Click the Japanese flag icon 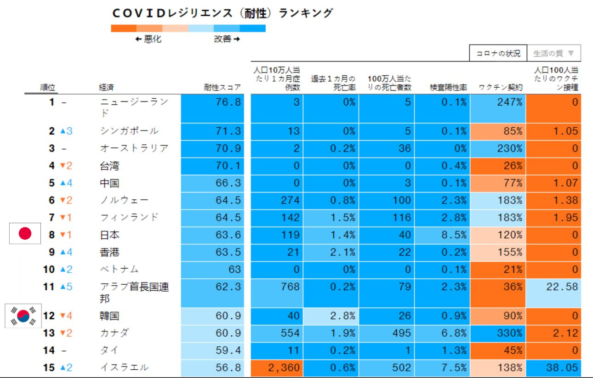coord(25,234)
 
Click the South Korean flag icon coord(23,316)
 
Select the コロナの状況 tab coord(498,53)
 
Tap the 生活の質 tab coord(553,53)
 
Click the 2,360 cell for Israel coord(277,367)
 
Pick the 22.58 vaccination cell coord(553,293)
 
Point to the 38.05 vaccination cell coord(553,367)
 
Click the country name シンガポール coord(129,131)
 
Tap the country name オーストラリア coord(134,148)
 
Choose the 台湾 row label coord(109,165)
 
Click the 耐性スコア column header coord(222,87)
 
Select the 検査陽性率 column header coord(448,87)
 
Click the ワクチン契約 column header coord(499,87)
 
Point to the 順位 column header coord(48,87)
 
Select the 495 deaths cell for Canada coord(387,333)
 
